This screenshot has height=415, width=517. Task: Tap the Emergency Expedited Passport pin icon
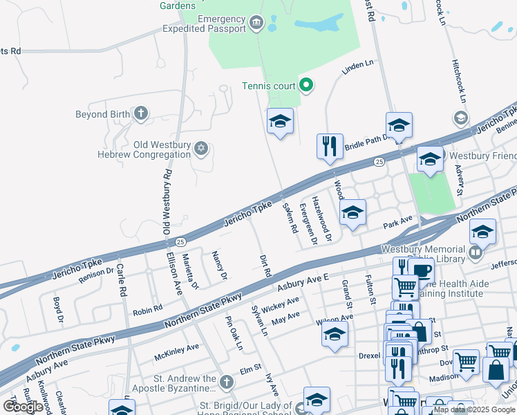[x=256, y=24]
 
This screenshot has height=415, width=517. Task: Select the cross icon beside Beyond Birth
[x=140, y=114]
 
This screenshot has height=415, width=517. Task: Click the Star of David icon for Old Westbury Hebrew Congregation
[x=201, y=149]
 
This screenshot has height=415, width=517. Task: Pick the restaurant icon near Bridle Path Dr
[x=330, y=146]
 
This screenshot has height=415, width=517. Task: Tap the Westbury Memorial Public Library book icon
[x=475, y=254]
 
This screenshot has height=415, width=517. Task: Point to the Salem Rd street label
[x=291, y=217]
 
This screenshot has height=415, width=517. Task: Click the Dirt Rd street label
[x=264, y=264]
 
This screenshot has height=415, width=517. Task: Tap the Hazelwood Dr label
[x=322, y=218]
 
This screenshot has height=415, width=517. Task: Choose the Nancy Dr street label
[x=219, y=266]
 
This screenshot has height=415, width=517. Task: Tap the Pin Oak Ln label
[x=234, y=333]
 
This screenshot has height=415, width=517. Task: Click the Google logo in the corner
[x=23, y=406]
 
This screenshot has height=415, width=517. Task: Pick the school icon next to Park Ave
[x=352, y=212]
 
